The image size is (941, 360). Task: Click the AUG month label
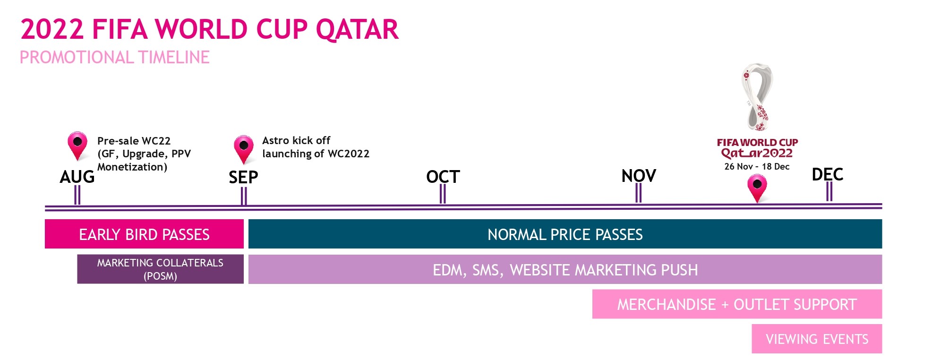coord(77,177)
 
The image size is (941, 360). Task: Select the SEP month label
coord(243,177)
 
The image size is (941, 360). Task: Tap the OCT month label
coord(443,177)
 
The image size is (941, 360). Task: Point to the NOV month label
coord(639,176)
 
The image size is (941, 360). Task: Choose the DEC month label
coord(827,174)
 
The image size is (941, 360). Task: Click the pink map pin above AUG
coord(77,146)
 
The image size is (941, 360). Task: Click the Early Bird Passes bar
coord(144,234)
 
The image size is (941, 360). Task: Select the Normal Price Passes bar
coord(565,234)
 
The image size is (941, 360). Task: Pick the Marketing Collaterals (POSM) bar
coord(161,269)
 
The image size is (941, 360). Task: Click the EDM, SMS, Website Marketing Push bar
coord(565,269)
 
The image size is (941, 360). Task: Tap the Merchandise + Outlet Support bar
coord(737,304)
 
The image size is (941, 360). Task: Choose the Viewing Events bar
coord(817,339)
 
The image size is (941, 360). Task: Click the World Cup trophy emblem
coord(757,97)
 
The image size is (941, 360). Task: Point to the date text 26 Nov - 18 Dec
coord(757,166)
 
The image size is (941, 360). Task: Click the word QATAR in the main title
coord(357,29)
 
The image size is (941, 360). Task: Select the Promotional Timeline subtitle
coord(114,58)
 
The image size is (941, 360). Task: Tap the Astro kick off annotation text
coord(316,147)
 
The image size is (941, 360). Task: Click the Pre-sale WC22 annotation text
coord(144,154)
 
